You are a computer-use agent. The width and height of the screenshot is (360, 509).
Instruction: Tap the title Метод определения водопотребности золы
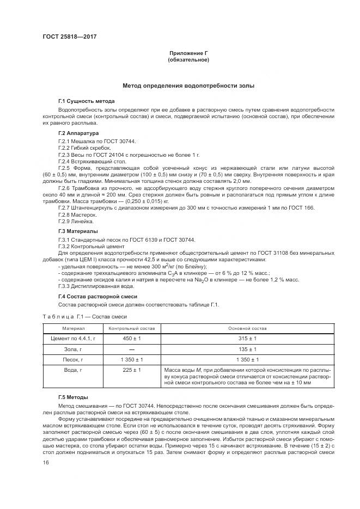[x=188, y=86]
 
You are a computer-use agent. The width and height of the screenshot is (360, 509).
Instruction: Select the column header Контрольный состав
[x=132, y=329]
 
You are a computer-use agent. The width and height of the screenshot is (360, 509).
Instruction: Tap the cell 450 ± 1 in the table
[x=132, y=339]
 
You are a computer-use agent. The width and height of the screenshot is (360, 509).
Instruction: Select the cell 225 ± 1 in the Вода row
[x=132, y=370]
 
